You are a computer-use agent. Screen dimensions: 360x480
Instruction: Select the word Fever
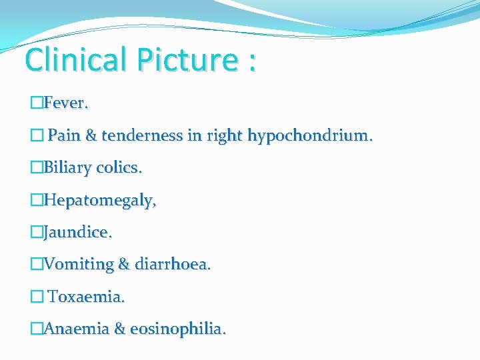(x=66, y=104)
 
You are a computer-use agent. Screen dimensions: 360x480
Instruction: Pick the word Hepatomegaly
(x=100, y=201)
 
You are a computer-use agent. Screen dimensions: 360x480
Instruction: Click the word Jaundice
(x=78, y=233)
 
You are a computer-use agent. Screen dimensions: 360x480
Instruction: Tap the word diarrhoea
(x=173, y=265)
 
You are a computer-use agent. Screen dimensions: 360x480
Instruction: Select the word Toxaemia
(x=86, y=297)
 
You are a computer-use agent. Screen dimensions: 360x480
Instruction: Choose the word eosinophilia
(x=178, y=329)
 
